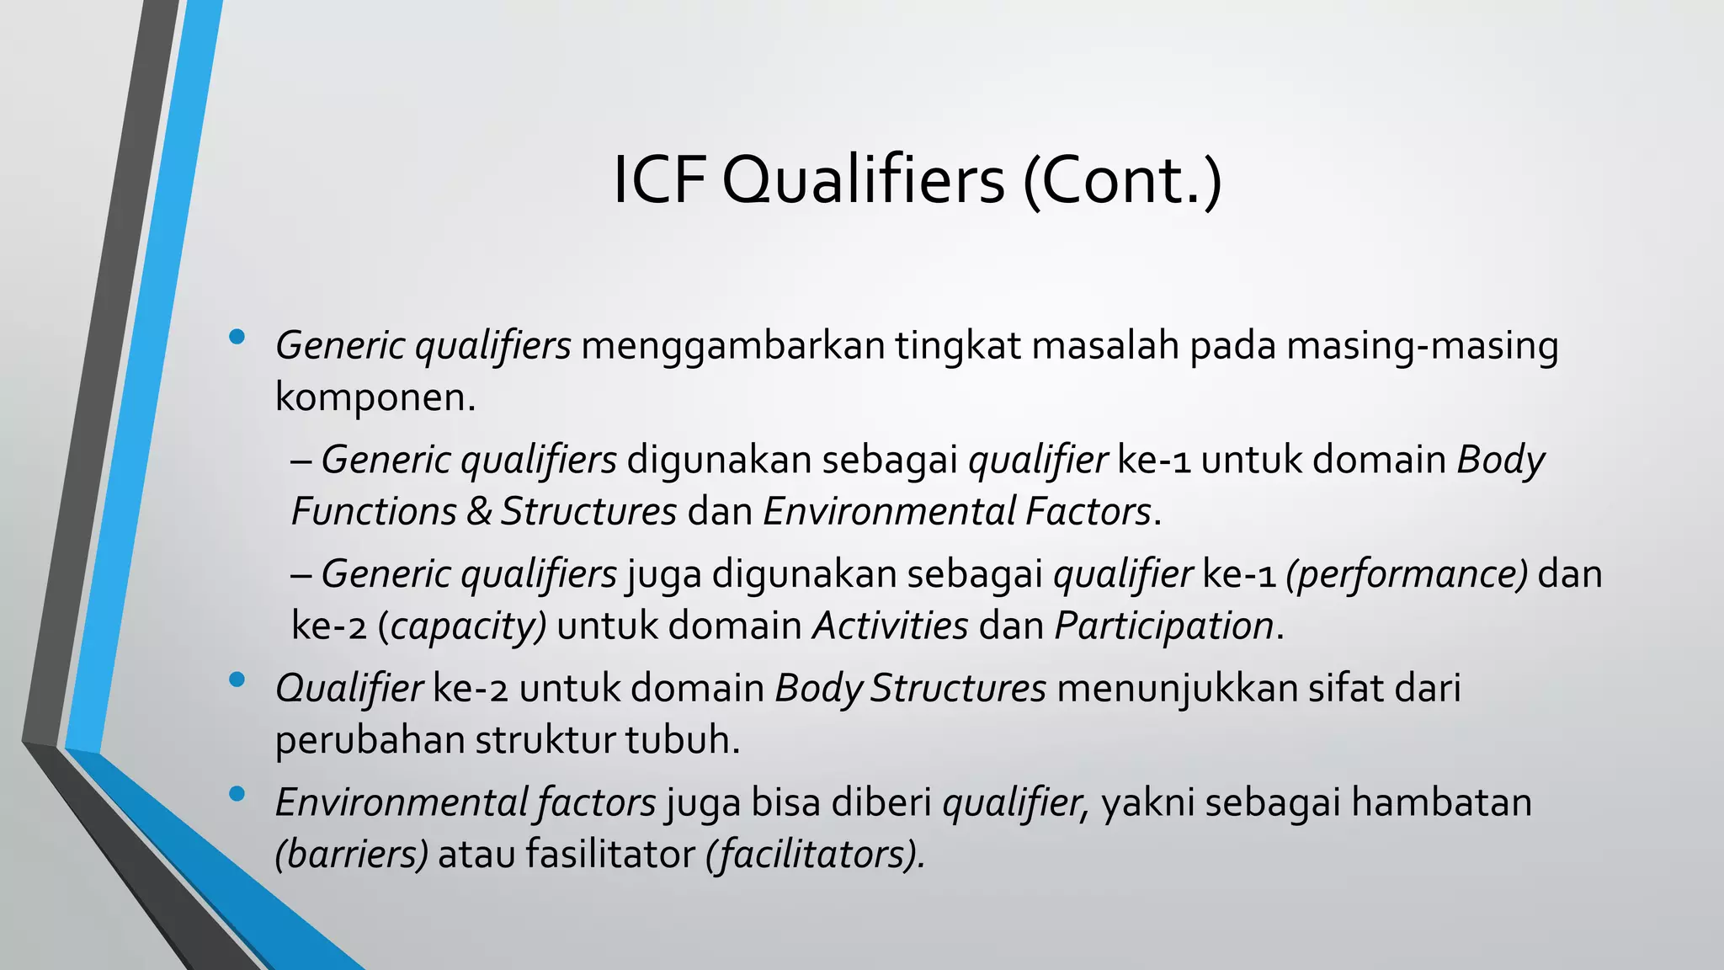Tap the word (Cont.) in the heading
pyautogui.click(x=1121, y=180)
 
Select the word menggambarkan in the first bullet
pyautogui.click(x=732, y=346)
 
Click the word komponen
pyautogui.click(x=375, y=397)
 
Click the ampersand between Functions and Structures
pyautogui.click(x=479, y=512)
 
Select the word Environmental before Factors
pyautogui.click(x=889, y=512)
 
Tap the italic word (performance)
pyautogui.click(x=1407, y=574)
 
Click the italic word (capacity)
pyautogui.click(x=462, y=626)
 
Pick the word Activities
pyautogui.click(x=891, y=626)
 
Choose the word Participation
pyautogui.click(x=1163, y=626)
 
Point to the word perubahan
pyautogui.click(x=370, y=741)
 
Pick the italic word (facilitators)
pyautogui.click(x=816, y=855)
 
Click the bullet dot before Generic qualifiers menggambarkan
pyautogui.click(x=237, y=338)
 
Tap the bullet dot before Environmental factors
pyautogui.click(x=237, y=793)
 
